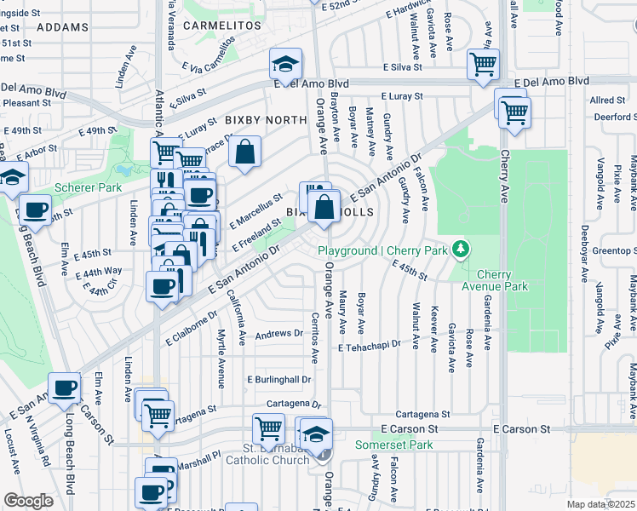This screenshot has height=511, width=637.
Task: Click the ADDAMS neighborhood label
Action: (x=63, y=27)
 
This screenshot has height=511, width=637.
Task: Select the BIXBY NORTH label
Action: (x=264, y=121)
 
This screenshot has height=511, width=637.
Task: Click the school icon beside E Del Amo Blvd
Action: (x=286, y=64)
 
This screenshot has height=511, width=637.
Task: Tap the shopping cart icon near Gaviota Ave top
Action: (x=483, y=64)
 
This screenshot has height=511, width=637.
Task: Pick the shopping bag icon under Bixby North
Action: (x=244, y=152)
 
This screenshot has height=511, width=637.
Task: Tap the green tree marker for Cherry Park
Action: (x=461, y=250)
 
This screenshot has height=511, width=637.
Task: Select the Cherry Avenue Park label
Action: (x=502, y=280)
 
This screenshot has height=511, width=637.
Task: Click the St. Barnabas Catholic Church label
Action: (x=267, y=454)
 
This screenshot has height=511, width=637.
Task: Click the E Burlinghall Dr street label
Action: (x=279, y=379)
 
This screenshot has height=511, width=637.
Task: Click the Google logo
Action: (x=28, y=501)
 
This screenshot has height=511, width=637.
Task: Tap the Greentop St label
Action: (x=611, y=251)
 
